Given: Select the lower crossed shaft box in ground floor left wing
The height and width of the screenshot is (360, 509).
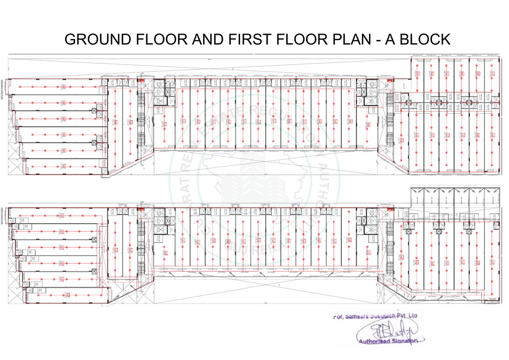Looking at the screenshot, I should click(x=94, y=143).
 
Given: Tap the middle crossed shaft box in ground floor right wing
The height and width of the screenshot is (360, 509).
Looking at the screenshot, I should click(x=439, y=102).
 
